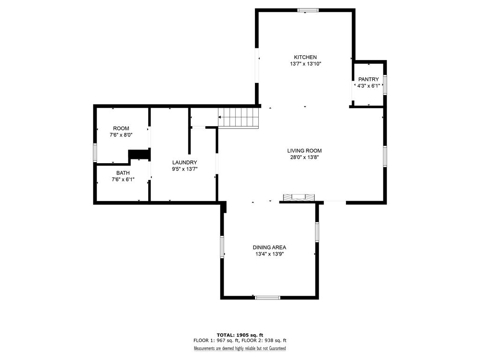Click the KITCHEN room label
point(305,57)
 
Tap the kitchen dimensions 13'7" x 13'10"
point(306,64)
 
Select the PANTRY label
point(368,79)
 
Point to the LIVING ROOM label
point(304,150)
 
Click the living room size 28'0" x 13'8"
point(305,157)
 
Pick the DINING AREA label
point(270,247)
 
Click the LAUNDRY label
point(185,163)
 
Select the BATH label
point(123,173)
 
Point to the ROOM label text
point(121,128)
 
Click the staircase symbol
point(239,117)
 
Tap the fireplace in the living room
point(299,197)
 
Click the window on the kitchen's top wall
point(308,10)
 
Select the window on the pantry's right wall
point(385,84)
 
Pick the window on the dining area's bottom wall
point(268,298)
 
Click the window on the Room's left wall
point(95,153)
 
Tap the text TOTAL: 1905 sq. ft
point(240,335)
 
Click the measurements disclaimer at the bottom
point(240,348)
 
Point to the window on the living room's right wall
point(385,157)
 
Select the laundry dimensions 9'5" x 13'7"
point(185,169)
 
